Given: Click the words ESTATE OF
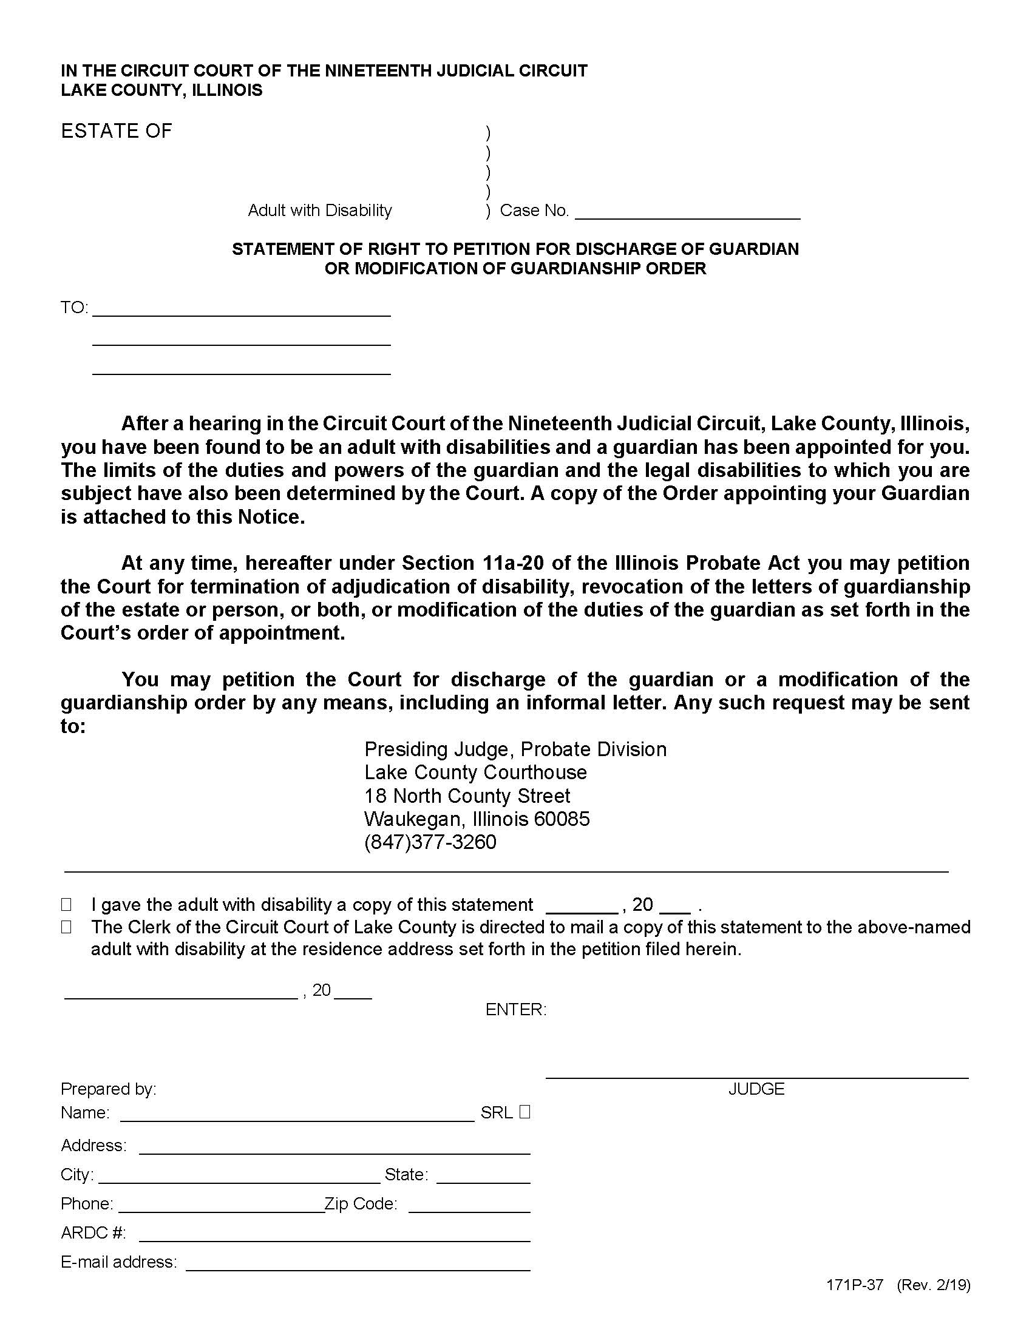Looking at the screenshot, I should tap(116, 131).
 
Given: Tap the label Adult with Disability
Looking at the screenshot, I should tap(320, 211).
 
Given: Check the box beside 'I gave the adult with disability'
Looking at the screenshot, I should tap(66, 904).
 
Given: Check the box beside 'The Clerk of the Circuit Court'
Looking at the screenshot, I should tap(66, 927).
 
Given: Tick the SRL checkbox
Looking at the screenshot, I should tap(524, 1112).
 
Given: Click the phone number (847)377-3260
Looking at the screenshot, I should tap(430, 842).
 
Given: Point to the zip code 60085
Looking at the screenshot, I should tap(562, 819).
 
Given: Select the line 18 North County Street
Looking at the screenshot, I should tap(467, 796).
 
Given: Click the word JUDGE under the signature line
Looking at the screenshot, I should tap(756, 1089).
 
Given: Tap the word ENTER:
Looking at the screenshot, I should tap(515, 1009).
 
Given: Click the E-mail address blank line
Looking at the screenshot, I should tap(358, 1263).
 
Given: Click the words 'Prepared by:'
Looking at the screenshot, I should tap(108, 1089).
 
